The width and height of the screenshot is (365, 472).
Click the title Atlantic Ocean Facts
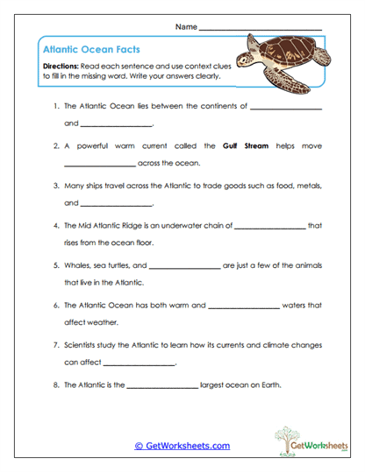(90, 50)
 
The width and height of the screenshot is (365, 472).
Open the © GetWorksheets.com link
(182, 446)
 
